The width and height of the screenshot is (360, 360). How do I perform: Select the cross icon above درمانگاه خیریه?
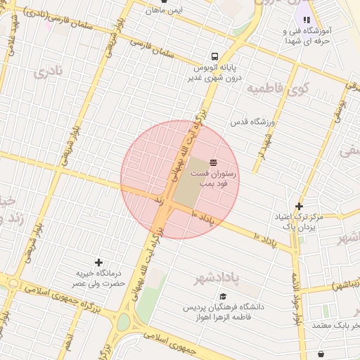pos(98,262)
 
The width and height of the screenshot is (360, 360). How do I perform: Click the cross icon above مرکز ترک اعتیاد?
pos(300,206)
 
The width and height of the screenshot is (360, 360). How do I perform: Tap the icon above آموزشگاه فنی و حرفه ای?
pos(307,20)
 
